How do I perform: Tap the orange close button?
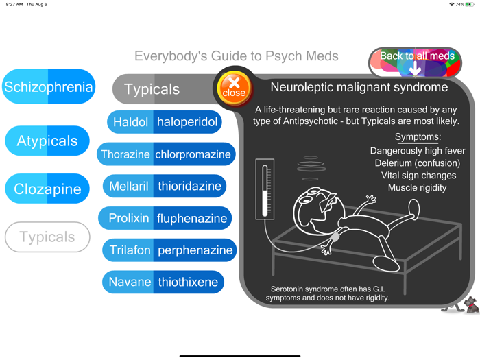[x=234, y=88]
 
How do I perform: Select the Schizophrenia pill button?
[x=48, y=87]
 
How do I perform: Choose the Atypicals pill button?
[x=47, y=141]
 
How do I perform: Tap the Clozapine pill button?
[x=47, y=189]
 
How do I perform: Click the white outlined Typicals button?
[x=47, y=237]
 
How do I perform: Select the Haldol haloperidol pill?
[x=165, y=123]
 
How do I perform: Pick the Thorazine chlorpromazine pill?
[x=166, y=154]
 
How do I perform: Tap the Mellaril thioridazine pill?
[x=165, y=186]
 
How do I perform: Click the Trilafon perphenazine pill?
[x=169, y=250]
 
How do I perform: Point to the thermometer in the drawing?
[x=265, y=189]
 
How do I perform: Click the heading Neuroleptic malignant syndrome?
[x=359, y=87]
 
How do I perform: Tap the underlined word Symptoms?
[x=417, y=137]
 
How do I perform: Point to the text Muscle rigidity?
[x=417, y=187]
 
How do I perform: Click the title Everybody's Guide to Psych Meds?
[x=237, y=56]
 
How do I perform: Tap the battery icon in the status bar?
[x=470, y=4]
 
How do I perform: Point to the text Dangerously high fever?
[x=417, y=151]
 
